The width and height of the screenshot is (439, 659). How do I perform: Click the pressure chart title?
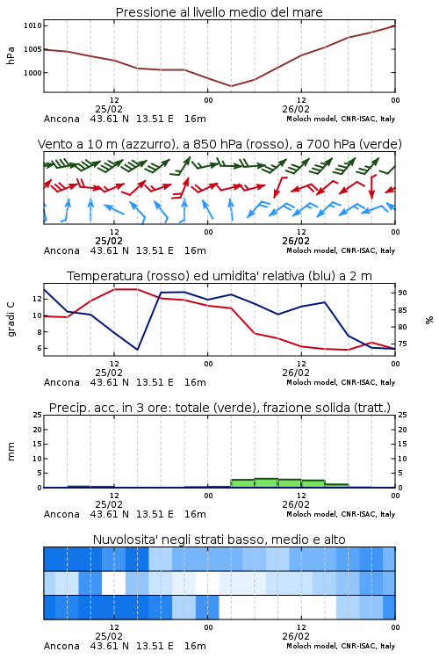tap(219, 12)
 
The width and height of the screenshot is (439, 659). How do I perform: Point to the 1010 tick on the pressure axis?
tap(32, 25)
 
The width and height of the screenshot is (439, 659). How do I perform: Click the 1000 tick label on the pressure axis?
tap(32, 73)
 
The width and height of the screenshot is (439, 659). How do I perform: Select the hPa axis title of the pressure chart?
tap(11, 55)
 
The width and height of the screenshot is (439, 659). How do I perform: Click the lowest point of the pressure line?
tap(231, 86)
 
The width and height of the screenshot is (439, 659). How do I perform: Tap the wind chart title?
tap(219, 144)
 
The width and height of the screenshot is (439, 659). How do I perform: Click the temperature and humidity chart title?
tap(219, 276)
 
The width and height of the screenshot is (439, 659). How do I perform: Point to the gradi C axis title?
tap(11, 319)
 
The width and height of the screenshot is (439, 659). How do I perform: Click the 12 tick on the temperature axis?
tap(37, 299)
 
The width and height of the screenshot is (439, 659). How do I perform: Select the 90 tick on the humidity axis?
tap(402, 293)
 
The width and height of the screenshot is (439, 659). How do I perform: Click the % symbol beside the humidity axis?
tap(429, 320)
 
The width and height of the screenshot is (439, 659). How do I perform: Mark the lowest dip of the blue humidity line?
tap(137, 350)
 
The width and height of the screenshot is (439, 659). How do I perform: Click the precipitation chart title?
tap(219, 408)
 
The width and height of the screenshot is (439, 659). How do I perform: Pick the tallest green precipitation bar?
tap(266, 483)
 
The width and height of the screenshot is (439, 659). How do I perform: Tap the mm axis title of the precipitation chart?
tap(11, 452)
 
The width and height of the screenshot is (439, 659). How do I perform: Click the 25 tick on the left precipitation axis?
tap(38, 415)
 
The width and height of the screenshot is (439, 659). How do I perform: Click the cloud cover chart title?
tap(219, 540)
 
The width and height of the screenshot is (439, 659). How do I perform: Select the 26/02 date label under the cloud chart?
tap(296, 636)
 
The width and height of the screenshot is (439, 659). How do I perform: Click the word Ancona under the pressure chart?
tap(61, 119)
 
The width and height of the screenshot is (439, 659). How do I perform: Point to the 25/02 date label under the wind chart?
tap(109, 241)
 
